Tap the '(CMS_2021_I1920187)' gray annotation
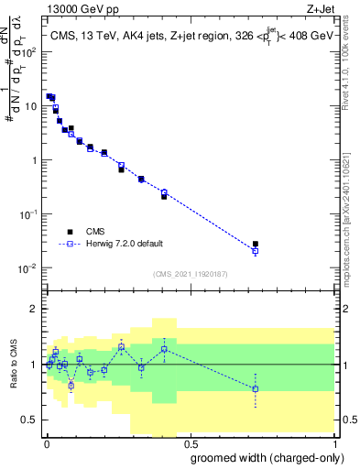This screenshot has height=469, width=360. click(191, 272)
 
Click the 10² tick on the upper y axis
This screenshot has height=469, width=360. click(29, 51)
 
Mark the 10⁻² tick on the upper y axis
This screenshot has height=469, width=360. click(29, 268)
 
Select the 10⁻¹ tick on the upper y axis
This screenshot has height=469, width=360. click(29, 214)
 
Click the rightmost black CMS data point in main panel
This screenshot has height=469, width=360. click(256, 244)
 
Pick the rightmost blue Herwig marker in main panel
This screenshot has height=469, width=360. click(256, 251)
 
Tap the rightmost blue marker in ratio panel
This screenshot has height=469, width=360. click(256, 389)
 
